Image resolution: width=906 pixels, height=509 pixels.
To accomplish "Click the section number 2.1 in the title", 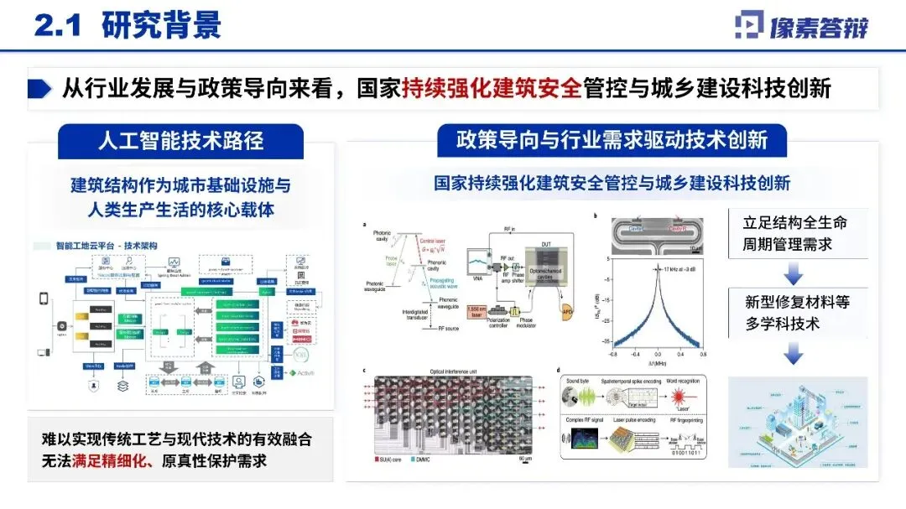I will pyautogui.click(x=57, y=24).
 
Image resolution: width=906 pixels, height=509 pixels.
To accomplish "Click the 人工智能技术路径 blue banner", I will pyautogui.click(x=181, y=139).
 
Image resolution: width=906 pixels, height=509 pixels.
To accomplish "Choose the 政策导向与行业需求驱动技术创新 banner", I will pyautogui.click(x=612, y=139).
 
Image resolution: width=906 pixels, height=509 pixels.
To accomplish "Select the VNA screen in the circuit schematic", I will pyautogui.click(x=475, y=253).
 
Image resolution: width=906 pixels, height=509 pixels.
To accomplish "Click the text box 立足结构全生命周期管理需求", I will pyautogui.click(x=794, y=234).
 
